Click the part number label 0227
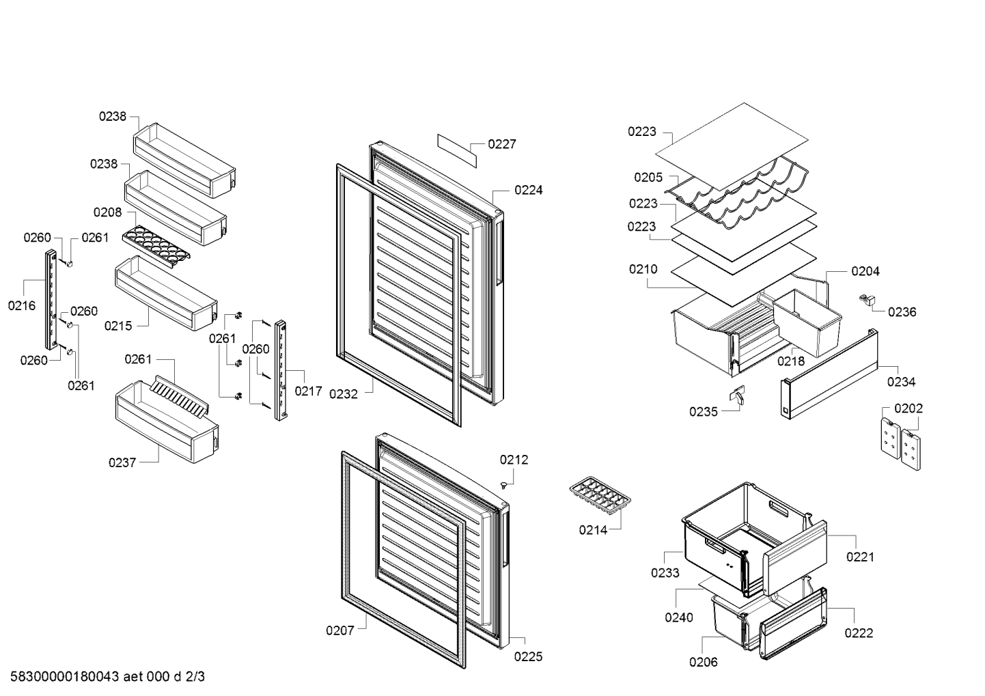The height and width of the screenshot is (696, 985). click(502, 144)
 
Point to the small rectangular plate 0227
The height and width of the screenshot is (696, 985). click(457, 151)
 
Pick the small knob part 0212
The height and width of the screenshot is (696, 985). click(503, 484)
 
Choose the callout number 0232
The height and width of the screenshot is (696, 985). click(344, 394)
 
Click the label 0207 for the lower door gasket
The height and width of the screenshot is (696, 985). click(340, 630)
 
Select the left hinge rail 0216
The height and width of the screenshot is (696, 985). click(51, 300)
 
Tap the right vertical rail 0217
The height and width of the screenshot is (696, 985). click(281, 371)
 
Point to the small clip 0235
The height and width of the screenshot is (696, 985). click(737, 394)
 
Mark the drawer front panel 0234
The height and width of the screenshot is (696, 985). click(829, 374)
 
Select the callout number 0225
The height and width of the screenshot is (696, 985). click(528, 656)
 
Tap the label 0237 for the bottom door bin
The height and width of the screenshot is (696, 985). click(122, 462)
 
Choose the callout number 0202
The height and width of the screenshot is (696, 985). click(908, 408)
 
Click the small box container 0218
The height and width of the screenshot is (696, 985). click(807, 322)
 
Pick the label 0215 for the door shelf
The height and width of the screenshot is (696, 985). click(118, 326)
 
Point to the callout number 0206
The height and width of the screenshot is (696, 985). click(704, 662)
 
